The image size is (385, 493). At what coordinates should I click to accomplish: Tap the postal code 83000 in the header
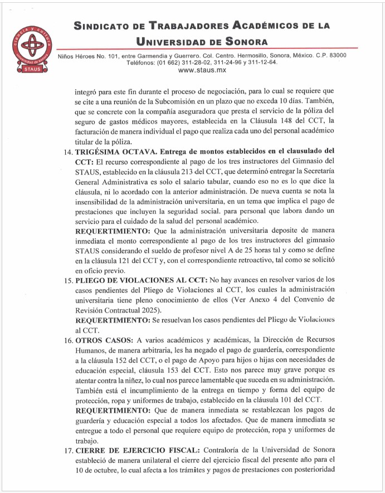334,55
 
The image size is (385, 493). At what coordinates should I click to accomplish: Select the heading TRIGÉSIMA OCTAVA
117,150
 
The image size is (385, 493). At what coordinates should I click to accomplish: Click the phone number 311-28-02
190,62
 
